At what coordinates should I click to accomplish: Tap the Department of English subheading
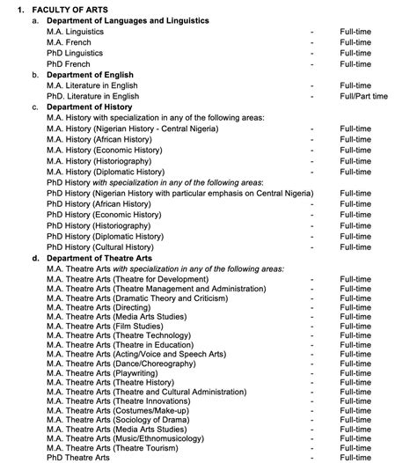(x=89, y=75)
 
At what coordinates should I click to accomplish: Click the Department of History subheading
(x=87, y=107)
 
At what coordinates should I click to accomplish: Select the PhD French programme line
(x=68, y=64)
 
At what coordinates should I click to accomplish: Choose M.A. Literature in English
(x=92, y=85)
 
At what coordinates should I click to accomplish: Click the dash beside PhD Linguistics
(x=311, y=54)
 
